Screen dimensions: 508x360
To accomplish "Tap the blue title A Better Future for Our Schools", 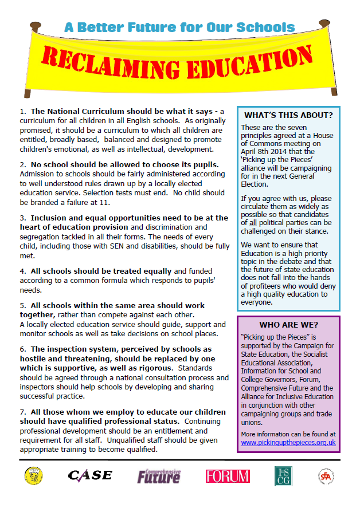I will coord(179,27).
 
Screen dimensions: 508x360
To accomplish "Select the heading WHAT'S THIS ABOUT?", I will coord(288,115).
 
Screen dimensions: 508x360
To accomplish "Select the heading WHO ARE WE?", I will coord(288,324).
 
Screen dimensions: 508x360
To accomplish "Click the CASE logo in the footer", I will coord(90,475).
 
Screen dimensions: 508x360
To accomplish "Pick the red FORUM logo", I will coord(228,476).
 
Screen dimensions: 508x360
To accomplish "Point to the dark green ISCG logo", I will coord(283,476).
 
